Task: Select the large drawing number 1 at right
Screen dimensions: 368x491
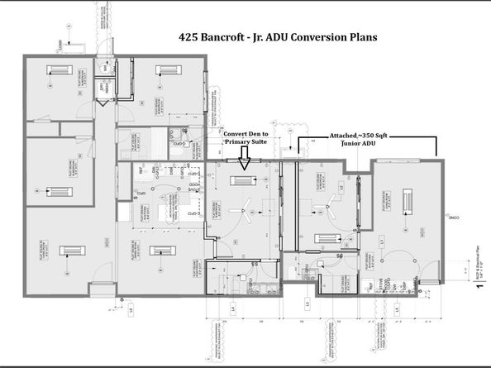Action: [x=479, y=289]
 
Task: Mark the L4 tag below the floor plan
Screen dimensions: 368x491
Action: [x=233, y=309]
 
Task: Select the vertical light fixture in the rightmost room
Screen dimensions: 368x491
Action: [x=408, y=201]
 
